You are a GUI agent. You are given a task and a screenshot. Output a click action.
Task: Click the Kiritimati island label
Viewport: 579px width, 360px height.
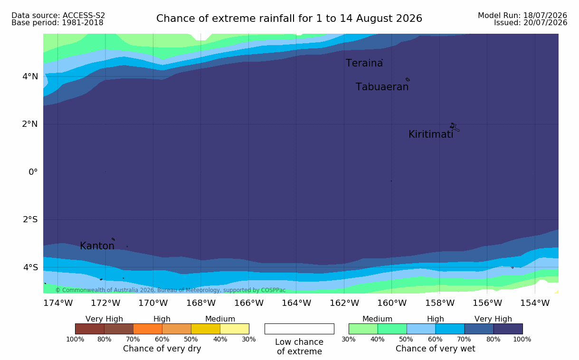pos(431,134)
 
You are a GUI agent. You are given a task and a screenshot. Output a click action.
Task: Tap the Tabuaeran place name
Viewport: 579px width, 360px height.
pos(382,87)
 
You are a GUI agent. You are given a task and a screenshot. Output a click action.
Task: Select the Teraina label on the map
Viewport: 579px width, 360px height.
pos(364,63)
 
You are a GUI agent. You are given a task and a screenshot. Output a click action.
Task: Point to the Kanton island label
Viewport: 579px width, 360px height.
pos(97,246)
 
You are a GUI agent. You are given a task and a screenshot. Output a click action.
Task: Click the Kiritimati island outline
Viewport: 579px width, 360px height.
pos(455,127)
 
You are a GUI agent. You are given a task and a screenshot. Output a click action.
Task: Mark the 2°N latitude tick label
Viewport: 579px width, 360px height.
pos(30,124)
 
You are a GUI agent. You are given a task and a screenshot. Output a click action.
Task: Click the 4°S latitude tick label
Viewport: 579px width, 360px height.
pos(30,267)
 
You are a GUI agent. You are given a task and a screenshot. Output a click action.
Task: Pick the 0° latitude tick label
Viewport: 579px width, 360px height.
pos(33,172)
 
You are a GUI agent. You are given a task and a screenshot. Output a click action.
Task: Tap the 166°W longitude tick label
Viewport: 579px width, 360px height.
pos(249,303)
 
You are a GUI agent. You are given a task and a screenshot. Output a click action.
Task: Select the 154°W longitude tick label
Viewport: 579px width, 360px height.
pos(535,303)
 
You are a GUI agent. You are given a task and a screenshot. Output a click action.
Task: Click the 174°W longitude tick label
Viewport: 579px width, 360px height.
pos(58,303)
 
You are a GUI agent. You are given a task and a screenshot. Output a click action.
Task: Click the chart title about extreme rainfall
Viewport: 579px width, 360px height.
pos(289,19)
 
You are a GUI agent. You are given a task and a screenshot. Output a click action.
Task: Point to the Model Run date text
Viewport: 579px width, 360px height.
pos(522,16)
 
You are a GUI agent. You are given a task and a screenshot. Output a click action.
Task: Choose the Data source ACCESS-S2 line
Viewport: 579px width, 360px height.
pos(58,16)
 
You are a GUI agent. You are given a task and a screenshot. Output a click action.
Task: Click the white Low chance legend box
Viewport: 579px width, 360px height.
pos(299,329)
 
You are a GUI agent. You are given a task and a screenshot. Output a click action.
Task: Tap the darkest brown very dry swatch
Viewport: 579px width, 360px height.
pos(90,329)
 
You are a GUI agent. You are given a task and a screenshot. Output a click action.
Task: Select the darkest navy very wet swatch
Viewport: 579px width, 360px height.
pos(508,329)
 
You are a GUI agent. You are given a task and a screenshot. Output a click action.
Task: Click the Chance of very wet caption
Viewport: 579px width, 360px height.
pos(435,349)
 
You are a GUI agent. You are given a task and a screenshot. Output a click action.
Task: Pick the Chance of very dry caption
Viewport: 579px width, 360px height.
pos(162,349)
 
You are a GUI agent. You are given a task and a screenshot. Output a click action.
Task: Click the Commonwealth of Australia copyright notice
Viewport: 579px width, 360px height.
pos(171,290)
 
